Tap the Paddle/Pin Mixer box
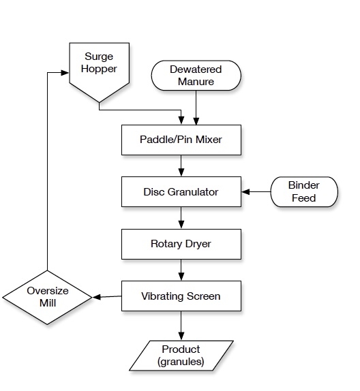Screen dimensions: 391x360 point(180,140)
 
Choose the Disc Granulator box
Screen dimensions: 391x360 point(180,192)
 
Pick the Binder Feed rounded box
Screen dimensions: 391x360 point(304,192)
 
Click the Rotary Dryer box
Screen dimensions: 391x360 point(180,243)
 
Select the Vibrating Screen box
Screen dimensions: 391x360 point(180,296)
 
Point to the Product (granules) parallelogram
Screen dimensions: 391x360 point(181,356)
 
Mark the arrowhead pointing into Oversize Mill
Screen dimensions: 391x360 point(97,297)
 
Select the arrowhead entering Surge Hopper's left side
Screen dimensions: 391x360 point(65,72)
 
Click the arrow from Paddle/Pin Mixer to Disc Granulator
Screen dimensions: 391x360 point(181,166)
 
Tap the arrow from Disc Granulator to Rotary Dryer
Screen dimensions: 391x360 point(181,218)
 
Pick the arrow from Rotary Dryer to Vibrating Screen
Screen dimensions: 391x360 point(181,270)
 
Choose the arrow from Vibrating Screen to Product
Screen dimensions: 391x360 point(181,327)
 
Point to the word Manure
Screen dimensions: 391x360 point(196,82)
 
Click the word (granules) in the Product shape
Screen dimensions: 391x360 point(181,362)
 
